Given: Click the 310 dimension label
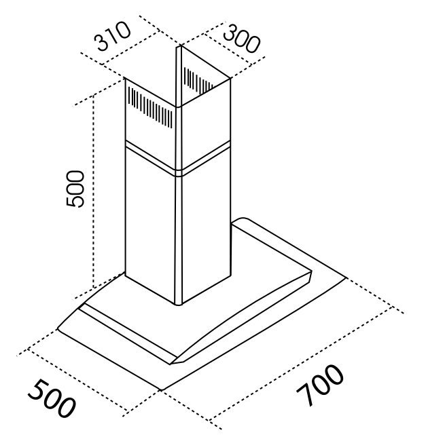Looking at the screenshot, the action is point(112,37).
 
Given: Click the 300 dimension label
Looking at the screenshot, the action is point(241,39).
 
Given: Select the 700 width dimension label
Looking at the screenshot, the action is point(320,385).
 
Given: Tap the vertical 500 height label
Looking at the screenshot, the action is point(75,189).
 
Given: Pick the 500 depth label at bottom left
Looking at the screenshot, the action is point(52,398).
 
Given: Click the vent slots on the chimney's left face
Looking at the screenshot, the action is point(150,107).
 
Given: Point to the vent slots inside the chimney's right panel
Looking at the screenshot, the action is point(198,80).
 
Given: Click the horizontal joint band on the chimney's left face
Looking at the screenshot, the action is point(151,157).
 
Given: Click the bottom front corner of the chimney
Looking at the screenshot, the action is point(179,305).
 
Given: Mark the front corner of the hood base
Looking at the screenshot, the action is point(162,389).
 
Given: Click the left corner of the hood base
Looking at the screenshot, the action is point(58,328).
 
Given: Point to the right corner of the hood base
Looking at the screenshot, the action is point(347,278).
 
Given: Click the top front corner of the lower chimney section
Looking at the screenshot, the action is point(179,176).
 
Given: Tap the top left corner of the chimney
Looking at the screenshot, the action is point(125,78).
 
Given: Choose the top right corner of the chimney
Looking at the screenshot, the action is point(230,79).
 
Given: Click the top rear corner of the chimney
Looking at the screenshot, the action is point(179,45).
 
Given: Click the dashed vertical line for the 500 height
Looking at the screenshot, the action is point(93,191).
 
